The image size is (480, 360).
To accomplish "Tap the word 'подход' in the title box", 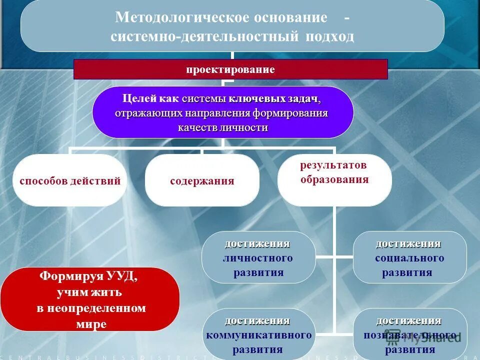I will [329, 37].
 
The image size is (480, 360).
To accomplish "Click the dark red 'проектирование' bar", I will [230, 69].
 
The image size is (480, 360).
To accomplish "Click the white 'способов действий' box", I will [70, 181].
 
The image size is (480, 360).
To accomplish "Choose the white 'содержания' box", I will [202, 181].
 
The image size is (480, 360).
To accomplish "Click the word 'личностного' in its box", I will [258, 258].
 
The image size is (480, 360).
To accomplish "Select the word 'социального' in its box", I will [409, 258].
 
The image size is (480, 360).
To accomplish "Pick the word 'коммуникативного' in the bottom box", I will [258, 334].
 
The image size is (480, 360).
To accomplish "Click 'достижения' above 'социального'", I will [408, 243].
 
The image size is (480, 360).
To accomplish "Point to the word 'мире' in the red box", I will [91, 323].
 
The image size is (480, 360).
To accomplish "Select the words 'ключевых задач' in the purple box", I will [275, 98].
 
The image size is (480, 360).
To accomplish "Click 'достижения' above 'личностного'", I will [257, 243].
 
